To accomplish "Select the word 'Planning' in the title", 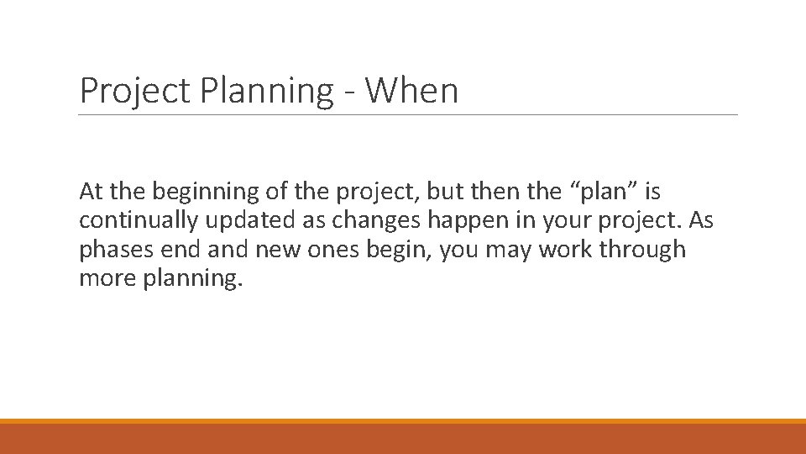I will (x=267, y=91).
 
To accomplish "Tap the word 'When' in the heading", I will (x=411, y=91).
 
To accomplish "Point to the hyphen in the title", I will (x=348, y=92).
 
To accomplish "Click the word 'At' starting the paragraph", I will (x=90, y=193).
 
